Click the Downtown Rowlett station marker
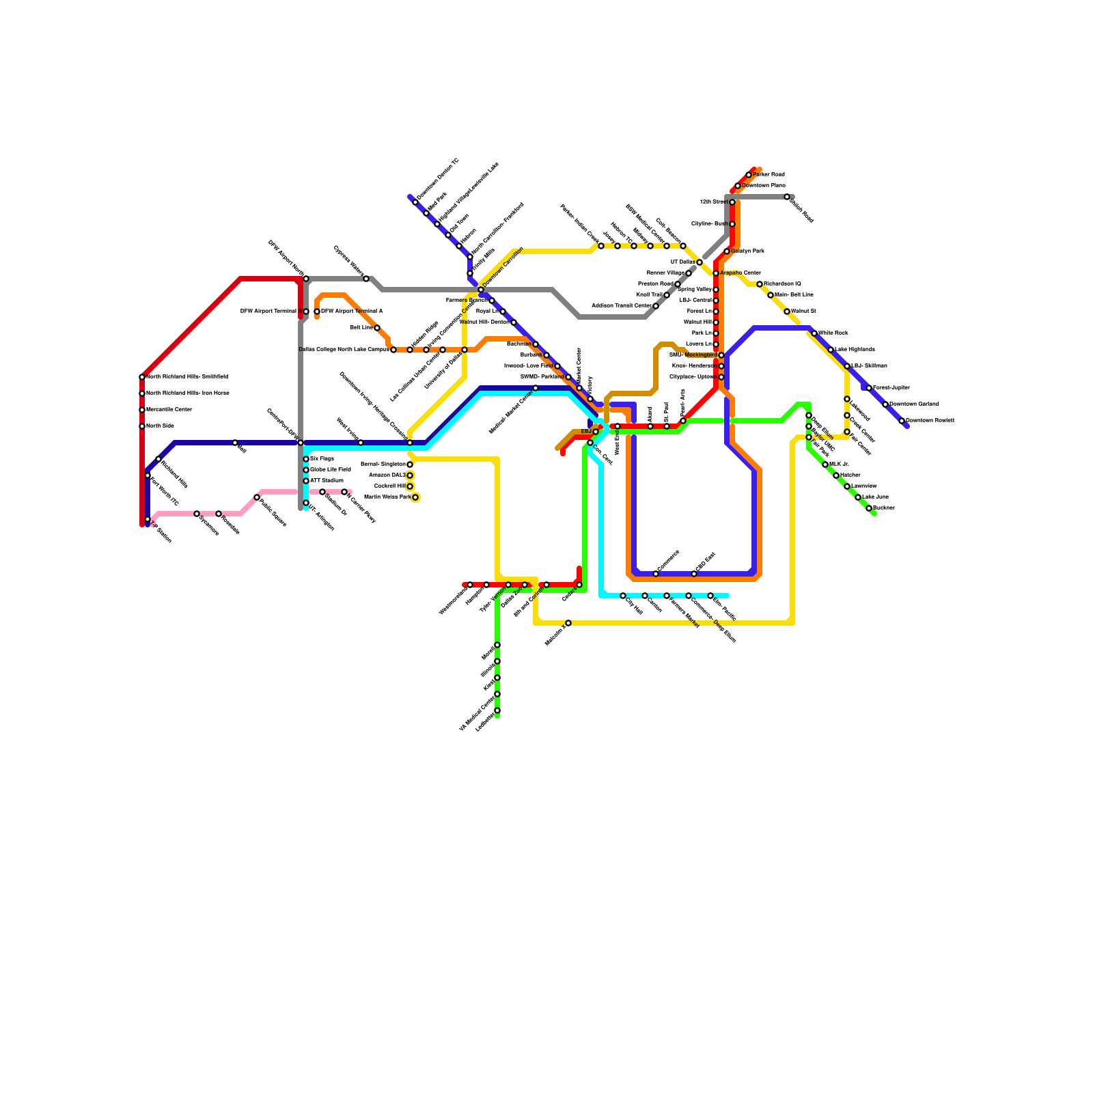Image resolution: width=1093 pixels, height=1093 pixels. [x=902, y=421]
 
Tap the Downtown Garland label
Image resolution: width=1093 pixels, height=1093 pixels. [x=914, y=404]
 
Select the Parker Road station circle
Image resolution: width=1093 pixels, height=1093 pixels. [x=749, y=175]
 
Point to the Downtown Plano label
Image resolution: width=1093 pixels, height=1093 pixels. [x=764, y=186]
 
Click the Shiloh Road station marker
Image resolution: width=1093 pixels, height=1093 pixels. [x=787, y=197]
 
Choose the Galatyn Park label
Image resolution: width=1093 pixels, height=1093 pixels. [x=747, y=251]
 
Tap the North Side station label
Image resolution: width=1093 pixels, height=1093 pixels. [x=160, y=426]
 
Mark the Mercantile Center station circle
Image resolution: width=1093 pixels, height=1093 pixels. [x=142, y=410]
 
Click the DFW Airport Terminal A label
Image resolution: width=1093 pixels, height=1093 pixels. [x=352, y=312]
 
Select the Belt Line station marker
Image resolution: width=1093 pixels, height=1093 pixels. [x=377, y=328]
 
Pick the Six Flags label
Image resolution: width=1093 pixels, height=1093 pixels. [x=322, y=459]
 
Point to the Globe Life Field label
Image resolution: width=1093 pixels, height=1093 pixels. [x=331, y=470]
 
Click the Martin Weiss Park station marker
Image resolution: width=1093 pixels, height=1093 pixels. [x=415, y=497]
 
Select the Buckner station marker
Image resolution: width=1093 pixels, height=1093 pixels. [x=869, y=508]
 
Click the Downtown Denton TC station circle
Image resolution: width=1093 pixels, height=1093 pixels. [x=415, y=202]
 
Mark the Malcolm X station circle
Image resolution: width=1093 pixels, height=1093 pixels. [x=568, y=623]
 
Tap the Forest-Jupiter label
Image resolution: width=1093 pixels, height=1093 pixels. [x=891, y=388]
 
